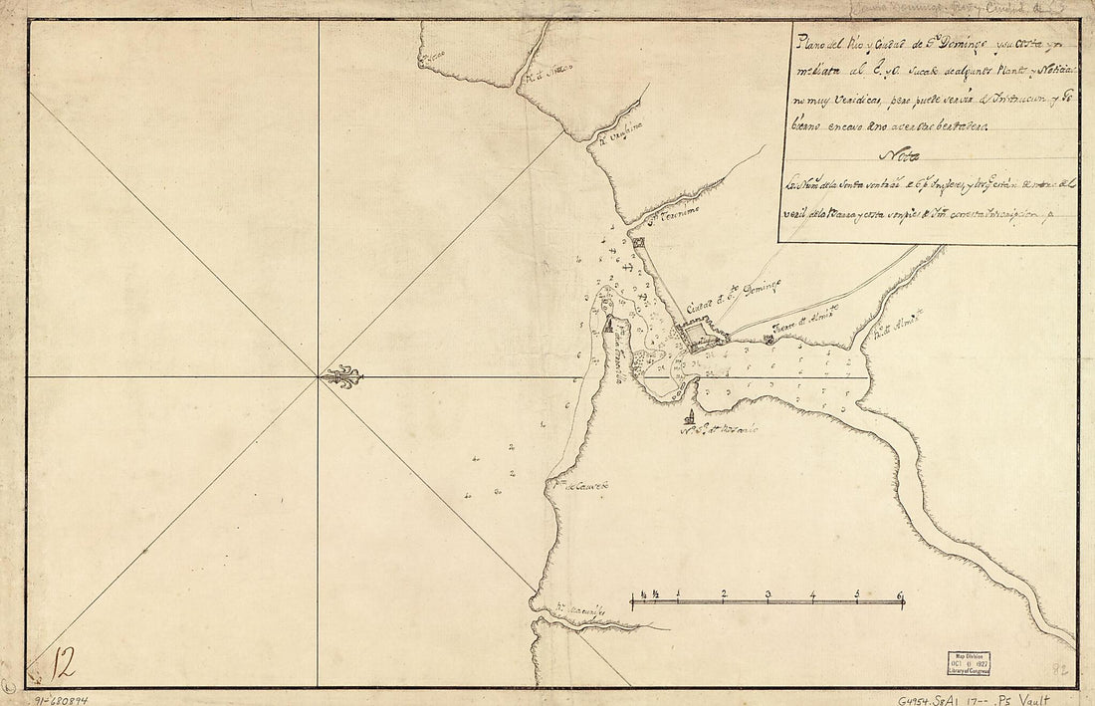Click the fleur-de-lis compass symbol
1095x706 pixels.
pos(344,377)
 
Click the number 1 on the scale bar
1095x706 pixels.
pos(678,597)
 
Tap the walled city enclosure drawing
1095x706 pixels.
pos(700,332)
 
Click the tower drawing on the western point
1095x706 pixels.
pos(608,323)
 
